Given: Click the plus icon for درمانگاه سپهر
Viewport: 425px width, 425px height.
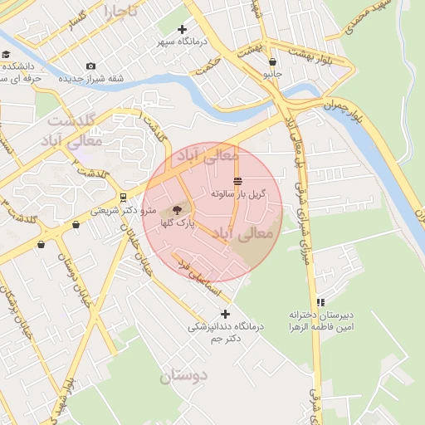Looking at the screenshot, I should pos(182,30).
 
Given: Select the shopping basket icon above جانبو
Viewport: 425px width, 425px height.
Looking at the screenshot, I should pos(272,61).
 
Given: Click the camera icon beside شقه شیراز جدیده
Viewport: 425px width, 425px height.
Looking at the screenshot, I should pos(90,66).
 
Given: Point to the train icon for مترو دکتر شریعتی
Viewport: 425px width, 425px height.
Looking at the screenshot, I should pos(123,198).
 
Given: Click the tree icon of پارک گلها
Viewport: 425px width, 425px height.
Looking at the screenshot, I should pos(176,210).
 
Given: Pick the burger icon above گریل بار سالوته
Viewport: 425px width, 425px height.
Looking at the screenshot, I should pos(238,181).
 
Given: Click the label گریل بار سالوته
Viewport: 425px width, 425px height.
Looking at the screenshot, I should pos(238,193).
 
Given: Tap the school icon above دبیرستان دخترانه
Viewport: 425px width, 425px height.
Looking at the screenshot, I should pos(320,303).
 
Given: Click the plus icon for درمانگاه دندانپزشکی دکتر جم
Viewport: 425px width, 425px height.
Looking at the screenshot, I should pos(225,314).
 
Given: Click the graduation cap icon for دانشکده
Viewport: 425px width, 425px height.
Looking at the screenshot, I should pos(6,55).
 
